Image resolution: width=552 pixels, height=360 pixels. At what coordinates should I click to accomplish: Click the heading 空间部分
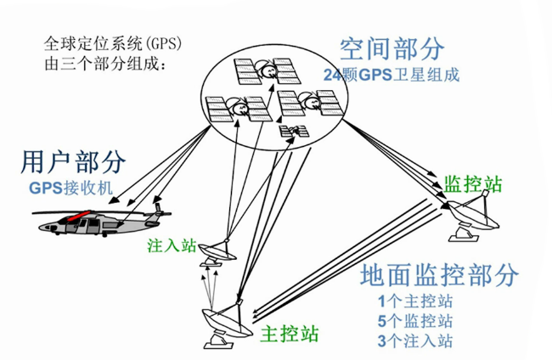[x=391, y=48]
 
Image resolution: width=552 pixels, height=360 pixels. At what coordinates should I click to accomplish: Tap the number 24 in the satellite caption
[x=332, y=74]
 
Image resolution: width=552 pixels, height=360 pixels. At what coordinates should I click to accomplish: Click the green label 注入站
[x=172, y=247]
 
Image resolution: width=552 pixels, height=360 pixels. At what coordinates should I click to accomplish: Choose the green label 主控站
[x=291, y=332]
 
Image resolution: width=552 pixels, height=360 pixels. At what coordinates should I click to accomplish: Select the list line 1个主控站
[x=415, y=301]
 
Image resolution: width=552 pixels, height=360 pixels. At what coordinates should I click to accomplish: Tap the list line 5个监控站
[x=415, y=321]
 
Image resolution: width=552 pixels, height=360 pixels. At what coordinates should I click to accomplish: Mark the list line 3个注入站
[x=415, y=341]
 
